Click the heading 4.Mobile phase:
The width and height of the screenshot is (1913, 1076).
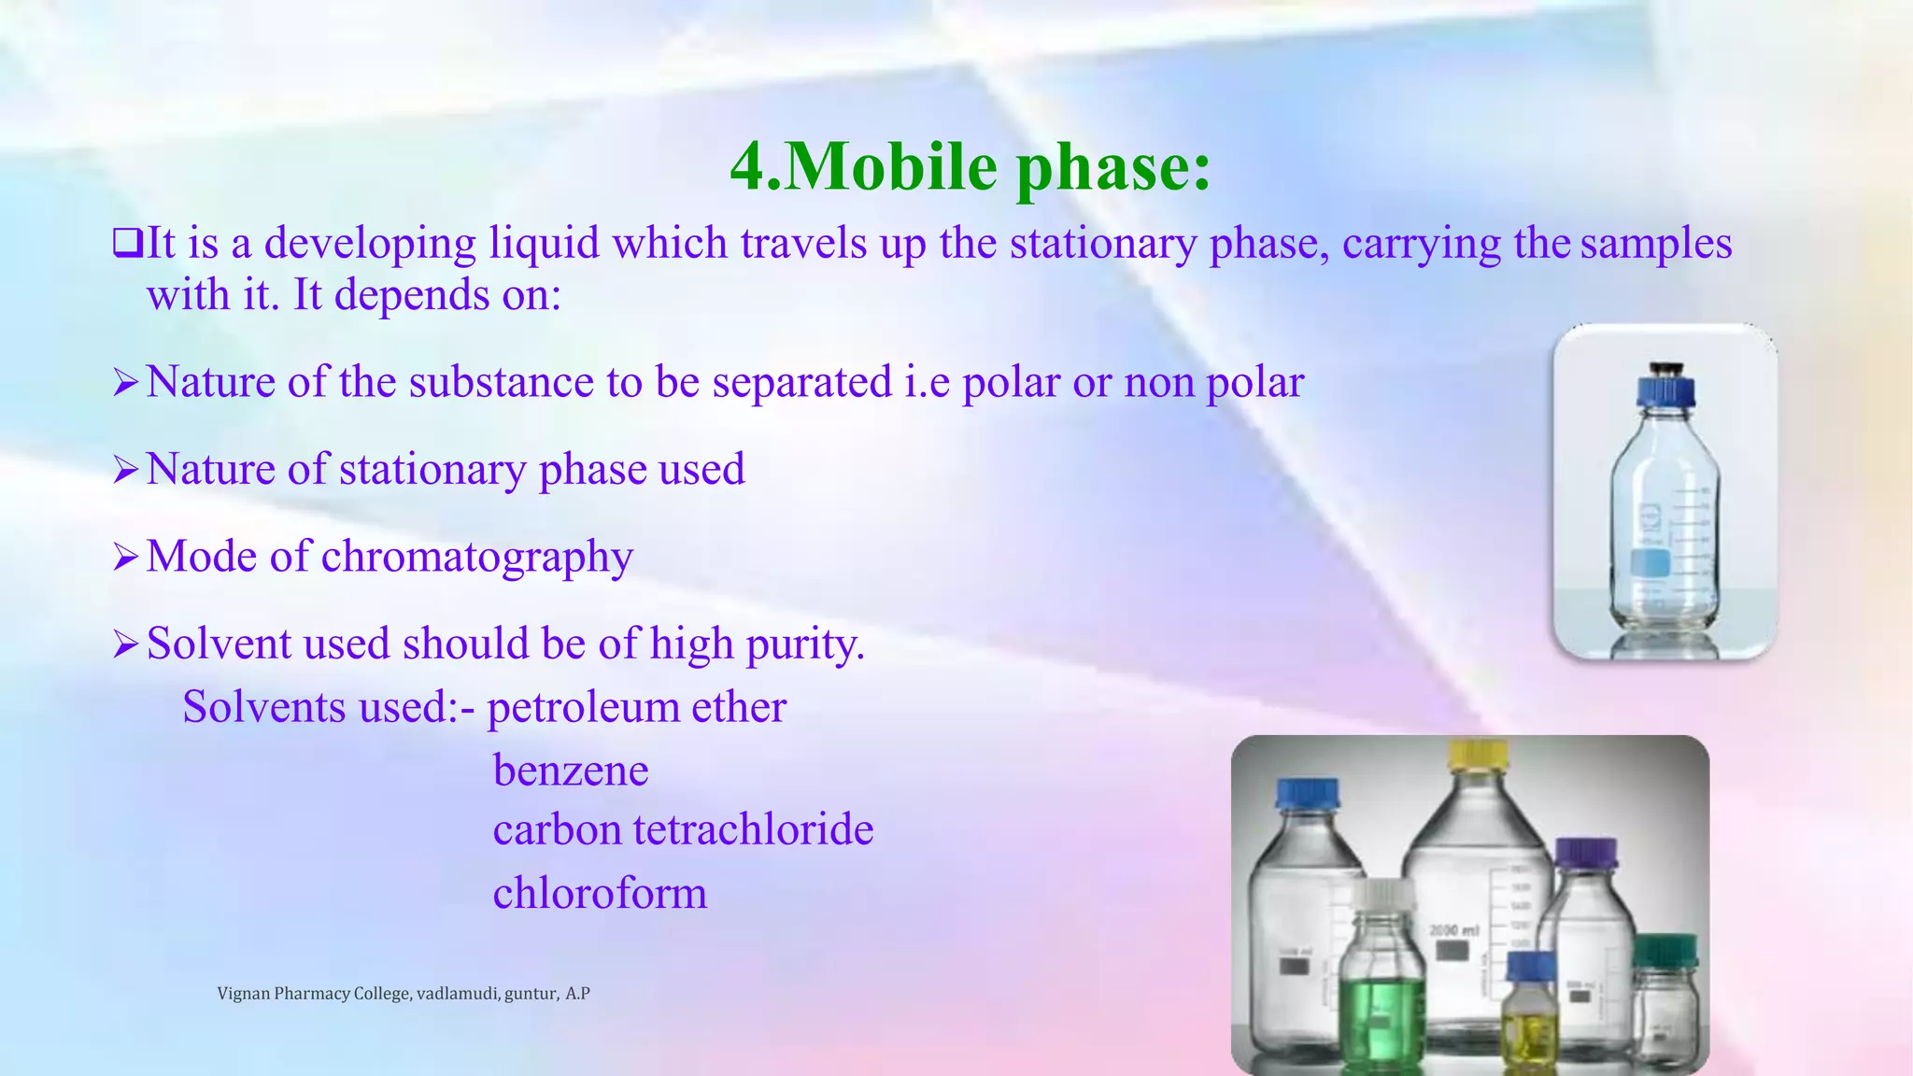(970, 166)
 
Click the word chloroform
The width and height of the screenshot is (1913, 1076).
(600, 893)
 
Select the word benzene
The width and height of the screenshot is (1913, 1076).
(571, 771)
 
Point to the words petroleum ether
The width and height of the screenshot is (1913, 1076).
(636, 707)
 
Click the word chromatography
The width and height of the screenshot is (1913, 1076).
(477, 557)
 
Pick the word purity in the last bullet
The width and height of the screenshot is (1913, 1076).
(805, 644)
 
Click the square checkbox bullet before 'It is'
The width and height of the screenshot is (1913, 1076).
(127, 243)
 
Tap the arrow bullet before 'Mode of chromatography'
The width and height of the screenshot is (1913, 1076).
(125, 558)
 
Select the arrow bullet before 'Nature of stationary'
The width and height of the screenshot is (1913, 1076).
(125, 470)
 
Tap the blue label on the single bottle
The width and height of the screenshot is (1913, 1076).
(1650, 563)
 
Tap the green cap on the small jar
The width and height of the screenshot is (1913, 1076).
(1665, 949)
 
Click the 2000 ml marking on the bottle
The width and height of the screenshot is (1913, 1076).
(1454, 930)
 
